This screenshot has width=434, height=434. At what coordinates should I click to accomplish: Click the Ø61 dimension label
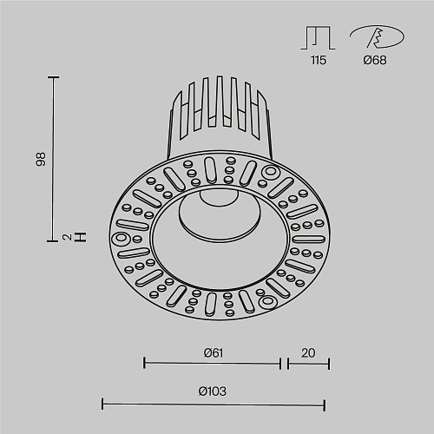point(214,353)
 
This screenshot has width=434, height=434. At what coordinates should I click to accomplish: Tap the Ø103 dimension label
point(213,391)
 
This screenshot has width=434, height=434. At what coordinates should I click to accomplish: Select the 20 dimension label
point(308,353)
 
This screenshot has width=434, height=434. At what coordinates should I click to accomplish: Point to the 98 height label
point(41,159)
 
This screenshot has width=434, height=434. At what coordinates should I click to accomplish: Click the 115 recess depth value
point(319,60)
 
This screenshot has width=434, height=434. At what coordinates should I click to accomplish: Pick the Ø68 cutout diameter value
point(375,60)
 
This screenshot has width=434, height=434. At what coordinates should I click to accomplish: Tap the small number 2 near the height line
point(67,238)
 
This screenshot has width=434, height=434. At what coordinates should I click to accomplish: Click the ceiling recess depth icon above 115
point(318,38)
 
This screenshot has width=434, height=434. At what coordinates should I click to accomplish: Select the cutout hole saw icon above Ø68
point(377,36)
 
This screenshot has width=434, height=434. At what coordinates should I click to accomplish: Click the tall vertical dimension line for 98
point(53,159)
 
